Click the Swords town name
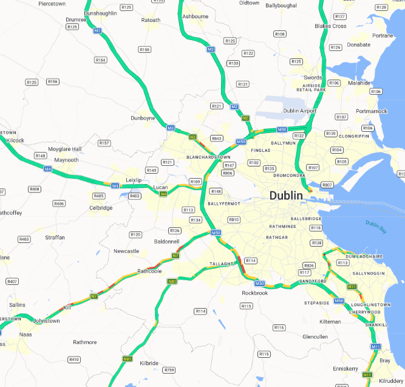[313, 78]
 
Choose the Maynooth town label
[66, 160]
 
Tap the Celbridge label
[101, 208]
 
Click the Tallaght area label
[221, 264]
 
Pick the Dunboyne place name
[143, 118]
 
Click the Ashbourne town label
[195, 16]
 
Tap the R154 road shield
[101, 60]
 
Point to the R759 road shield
[169, 370]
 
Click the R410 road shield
[74, 360]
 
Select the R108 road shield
[280, 34]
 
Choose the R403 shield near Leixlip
[135, 196]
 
